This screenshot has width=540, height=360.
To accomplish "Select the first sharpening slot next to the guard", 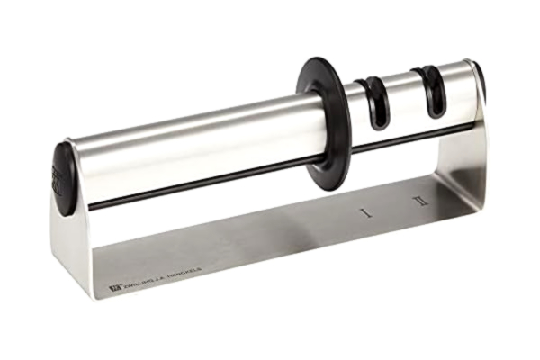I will tap(373, 102).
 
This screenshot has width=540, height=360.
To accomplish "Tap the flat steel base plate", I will tap(270, 243).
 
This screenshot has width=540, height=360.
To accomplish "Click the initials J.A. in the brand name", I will tap(162, 276).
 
